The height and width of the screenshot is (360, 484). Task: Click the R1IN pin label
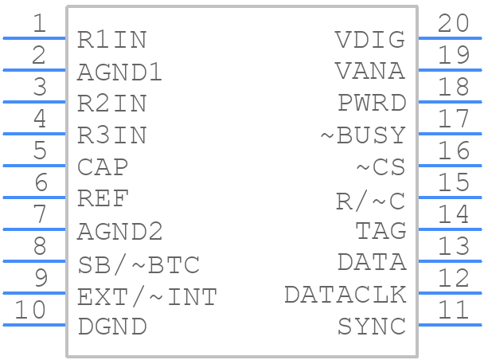[x=111, y=40]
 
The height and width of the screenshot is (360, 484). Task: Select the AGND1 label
[x=119, y=72]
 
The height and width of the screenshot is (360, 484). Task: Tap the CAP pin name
[x=103, y=167]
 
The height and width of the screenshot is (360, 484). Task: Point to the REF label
[x=103, y=199]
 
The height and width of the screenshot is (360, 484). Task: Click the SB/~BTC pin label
[x=139, y=265]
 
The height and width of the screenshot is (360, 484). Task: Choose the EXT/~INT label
[x=147, y=297]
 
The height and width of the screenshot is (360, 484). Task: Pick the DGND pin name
[x=112, y=327]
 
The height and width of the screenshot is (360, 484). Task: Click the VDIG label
[x=370, y=40]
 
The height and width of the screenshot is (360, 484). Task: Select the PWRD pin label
[x=372, y=103]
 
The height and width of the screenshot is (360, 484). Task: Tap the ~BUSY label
[x=363, y=135]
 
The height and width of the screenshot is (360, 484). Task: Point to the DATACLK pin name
[x=345, y=295]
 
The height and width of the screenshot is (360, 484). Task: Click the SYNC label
[x=372, y=327]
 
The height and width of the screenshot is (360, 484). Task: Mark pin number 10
[x=30, y=310]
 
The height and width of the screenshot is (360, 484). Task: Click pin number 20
[x=454, y=23]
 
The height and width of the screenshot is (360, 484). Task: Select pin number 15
[x=454, y=182]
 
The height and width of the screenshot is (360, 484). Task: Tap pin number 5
[x=40, y=151]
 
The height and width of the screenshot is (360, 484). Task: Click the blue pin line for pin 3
[x=34, y=102]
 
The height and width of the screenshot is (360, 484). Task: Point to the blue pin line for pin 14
[x=450, y=229]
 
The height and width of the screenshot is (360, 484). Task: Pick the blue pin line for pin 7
[x=34, y=229]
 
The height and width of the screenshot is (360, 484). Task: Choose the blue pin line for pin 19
[x=450, y=70]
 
